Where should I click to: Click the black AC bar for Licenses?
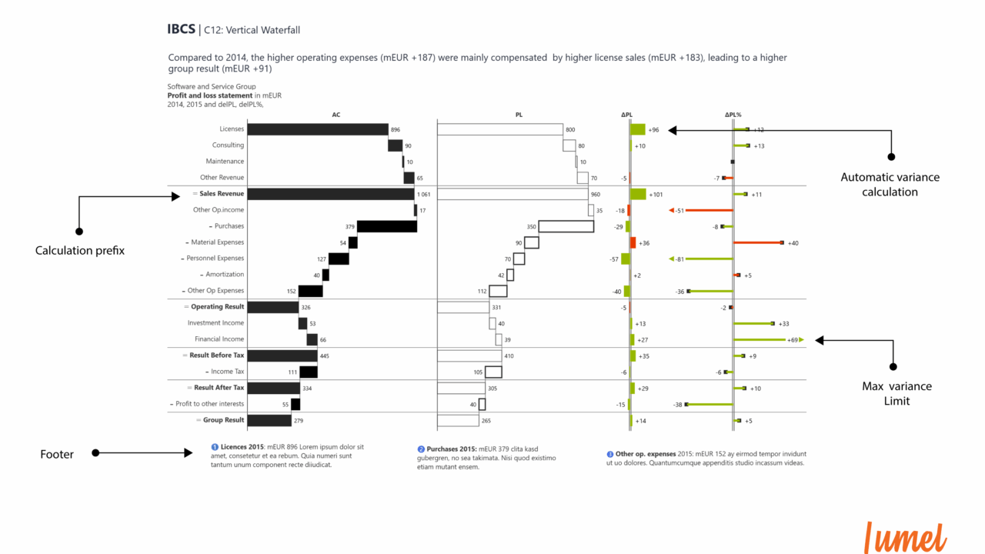pyautogui.click(x=318, y=129)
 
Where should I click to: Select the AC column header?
pyautogui.click(x=336, y=115)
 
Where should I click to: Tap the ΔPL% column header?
pyautogui.click(x=733, y=115)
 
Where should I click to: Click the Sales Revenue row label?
pyautogui.click(x=222, y=194)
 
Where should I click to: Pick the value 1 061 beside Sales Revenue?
pyautogui.click(x=424, y=195)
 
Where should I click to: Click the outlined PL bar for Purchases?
pyautogui.click(x=566, y=226)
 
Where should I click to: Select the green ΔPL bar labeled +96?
pyautogui.click(x=638, y=129)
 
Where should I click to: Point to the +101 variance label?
pyautogui.click(x=656, y=195)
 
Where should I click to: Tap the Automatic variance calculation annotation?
pyautogui.click(x=890, y=185)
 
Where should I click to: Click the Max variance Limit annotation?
pyautogui.click(x=897, y=393)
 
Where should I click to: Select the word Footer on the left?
pyautogui.click(x=57, y=455)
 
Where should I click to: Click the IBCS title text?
pyautogui.click(x=182, y=29)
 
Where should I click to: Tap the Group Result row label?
pyautogui.click(x=223, y=420)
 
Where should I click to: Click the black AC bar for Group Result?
pyautogui.click(x=269, y=420)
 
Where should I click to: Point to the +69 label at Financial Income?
pyautogui.click(x=792, y=339)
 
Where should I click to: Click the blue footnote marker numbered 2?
pyautogui.click(x=421, y=449)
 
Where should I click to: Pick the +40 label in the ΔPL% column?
pyautogui.click(x=793, y=243)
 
